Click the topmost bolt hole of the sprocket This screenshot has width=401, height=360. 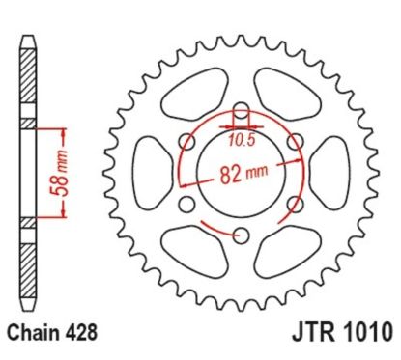click(241, 109)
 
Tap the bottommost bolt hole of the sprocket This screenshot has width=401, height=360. click(241, 230)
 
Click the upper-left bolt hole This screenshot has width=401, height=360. click(188, 140)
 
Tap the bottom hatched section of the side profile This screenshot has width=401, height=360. click(29, 261)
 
